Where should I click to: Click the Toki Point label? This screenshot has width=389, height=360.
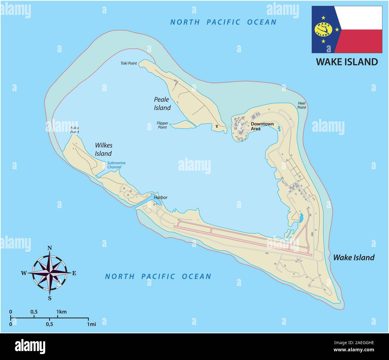click(128, 63)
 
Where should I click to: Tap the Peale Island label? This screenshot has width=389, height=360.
click(162, 104)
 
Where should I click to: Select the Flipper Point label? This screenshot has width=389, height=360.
click(162, 125)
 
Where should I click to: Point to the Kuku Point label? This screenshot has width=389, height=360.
click(75, 130)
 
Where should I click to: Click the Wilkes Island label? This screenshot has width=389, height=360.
click(103, 149)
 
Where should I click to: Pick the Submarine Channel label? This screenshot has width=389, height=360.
click(116, 165)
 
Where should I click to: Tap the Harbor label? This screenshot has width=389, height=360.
click(160, 198)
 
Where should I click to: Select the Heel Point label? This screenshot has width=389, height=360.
click(302, 105)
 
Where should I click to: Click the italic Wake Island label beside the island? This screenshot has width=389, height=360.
click(354, 258)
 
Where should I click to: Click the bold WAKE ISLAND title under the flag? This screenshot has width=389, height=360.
click(347, 62)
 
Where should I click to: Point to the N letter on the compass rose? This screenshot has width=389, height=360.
click(50, 248)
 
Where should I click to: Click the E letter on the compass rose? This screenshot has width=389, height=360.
click(74, 273)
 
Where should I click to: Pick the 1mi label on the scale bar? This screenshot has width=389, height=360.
click(92, 324)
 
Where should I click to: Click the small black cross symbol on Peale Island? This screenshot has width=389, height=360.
click(217, 126)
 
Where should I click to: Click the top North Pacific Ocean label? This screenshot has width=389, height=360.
click(223, 22)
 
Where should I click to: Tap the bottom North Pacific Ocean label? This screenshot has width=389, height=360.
click(158, 276)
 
